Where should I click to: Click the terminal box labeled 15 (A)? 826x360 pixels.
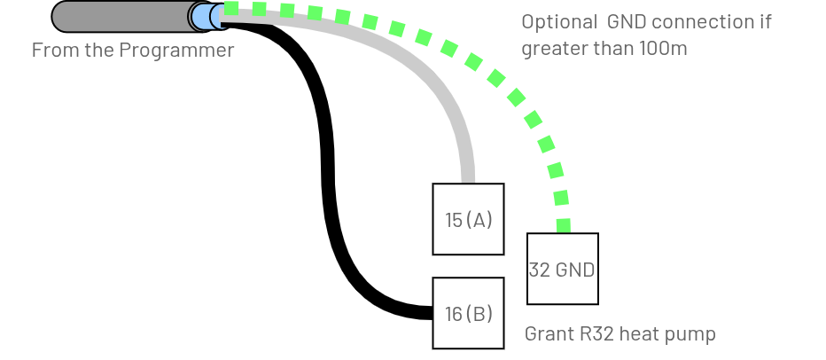click(468, 219)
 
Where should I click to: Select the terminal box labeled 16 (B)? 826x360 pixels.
click(468, 313)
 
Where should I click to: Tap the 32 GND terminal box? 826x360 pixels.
click(563, 269)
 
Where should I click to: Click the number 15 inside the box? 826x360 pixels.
click(454, 220)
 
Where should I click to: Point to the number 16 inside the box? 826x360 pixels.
click(453, 314)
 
